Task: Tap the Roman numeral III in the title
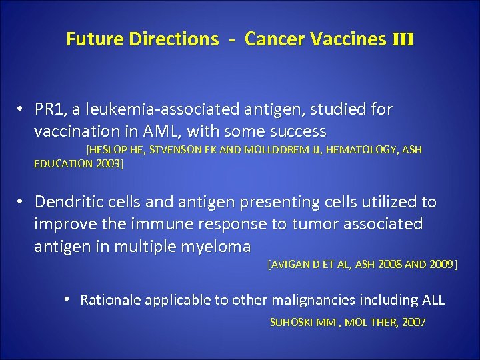(x=402, y=39)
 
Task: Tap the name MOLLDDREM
(x=267, y=151)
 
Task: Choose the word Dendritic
(x=68, y=202)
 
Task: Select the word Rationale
(x=111, y=300)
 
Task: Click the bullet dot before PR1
(x=22, y=109)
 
